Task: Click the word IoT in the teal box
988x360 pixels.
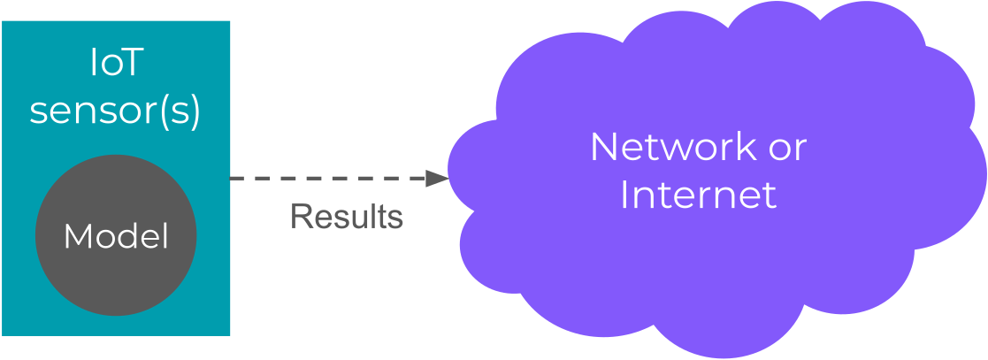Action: coord(116,65)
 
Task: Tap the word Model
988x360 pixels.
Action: coord(116,236)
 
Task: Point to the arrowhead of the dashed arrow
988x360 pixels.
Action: coord(438,178)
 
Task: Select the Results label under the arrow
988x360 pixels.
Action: coord(347,217)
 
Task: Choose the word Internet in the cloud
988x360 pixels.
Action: coord(698,195)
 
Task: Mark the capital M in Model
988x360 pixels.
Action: coord(75,236)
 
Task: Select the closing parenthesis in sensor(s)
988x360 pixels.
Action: coord(195,111)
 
